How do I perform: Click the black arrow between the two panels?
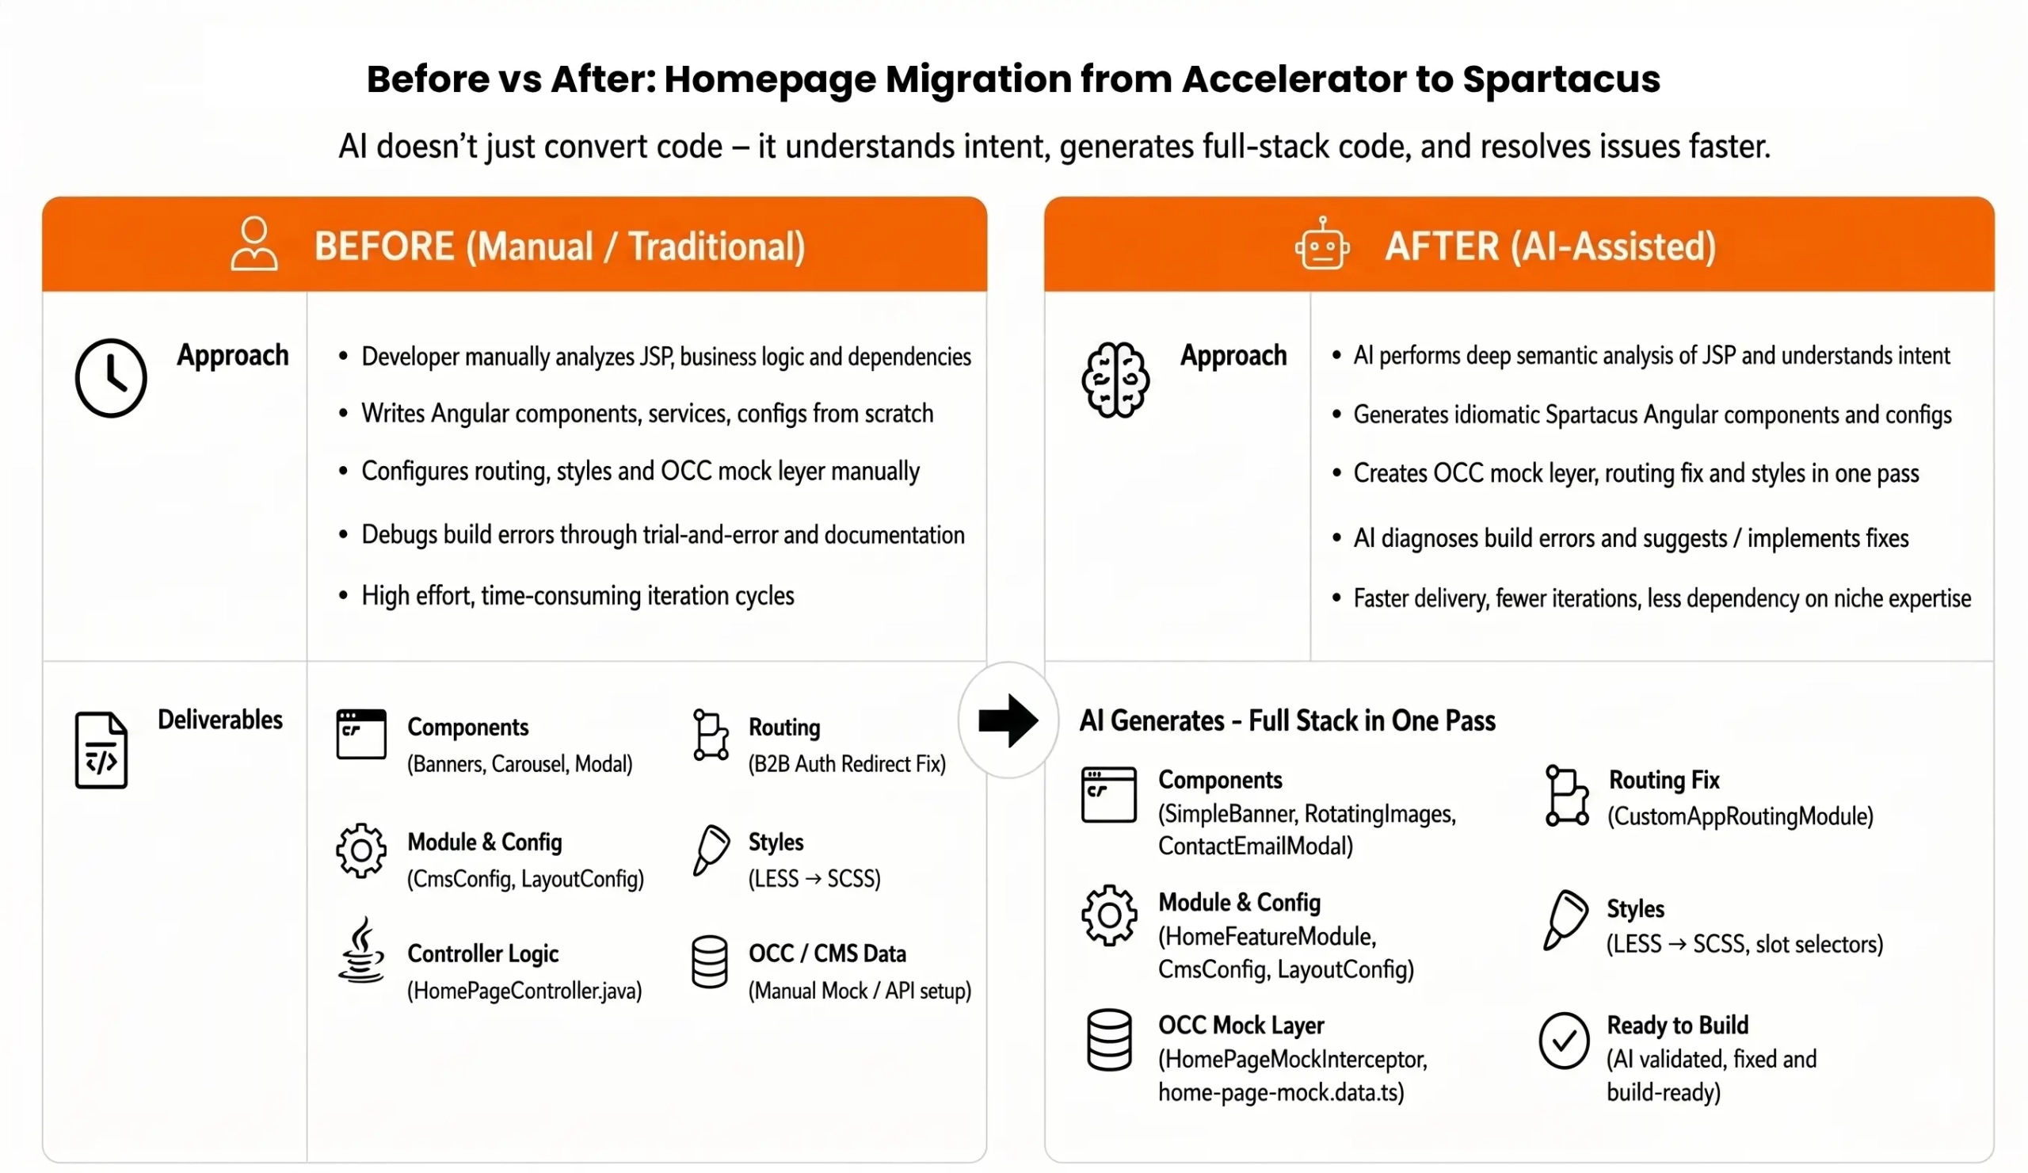pos(1008,720)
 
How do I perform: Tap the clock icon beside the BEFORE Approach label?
pos(111,377)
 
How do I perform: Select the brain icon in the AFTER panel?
pos(1115,379)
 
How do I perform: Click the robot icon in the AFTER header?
pos(1322,245)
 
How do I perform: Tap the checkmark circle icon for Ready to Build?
pos(1564,1040)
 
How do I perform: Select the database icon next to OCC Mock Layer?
pos(1109,1039)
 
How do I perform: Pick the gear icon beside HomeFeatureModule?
pos(1109,915)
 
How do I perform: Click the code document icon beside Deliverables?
pos(101,750)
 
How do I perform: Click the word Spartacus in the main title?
pos(1561,79)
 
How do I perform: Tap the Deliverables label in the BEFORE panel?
pos(219,720)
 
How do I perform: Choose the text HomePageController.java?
pos(524,990)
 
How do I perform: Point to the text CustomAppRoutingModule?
pos(1740,816)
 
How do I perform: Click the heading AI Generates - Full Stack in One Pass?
pos(1287,720)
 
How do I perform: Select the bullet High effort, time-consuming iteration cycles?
pos(577,596)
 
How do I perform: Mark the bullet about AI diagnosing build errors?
pos(1630,538)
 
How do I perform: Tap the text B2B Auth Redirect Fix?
pos(847,763)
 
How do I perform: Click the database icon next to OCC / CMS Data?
pos(710,961)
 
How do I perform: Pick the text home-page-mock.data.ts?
pos(1281,1092)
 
